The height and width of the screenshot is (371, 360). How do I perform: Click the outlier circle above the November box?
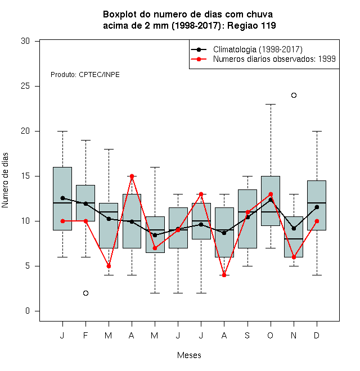point(294,96)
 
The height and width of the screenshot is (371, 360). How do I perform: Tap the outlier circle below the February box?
point(85,293)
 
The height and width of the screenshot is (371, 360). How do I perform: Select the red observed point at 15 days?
point(132,177)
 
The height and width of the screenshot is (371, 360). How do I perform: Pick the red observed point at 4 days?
point(224,275)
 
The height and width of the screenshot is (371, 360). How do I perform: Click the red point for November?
point(294,257)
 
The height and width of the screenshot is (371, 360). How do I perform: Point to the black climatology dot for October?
point(271,200)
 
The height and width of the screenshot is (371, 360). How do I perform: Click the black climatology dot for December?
point(317,207)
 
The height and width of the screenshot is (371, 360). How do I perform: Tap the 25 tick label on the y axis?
point(25,86)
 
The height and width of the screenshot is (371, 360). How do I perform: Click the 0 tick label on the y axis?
point(28,311)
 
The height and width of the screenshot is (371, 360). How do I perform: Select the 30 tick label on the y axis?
point(25,41)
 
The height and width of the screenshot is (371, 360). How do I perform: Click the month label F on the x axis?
point(85,335)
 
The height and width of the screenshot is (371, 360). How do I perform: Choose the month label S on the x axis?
point(247,335)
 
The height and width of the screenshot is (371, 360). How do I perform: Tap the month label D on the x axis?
point(317,335)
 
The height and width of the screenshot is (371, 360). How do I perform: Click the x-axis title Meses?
point(189,355)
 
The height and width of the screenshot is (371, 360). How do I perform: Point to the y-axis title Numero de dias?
point(5,180)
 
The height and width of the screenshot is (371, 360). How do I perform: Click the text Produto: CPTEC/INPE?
point(85,75)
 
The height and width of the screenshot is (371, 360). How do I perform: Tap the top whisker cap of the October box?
point(271,104)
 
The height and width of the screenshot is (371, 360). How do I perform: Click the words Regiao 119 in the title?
point(251,25)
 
